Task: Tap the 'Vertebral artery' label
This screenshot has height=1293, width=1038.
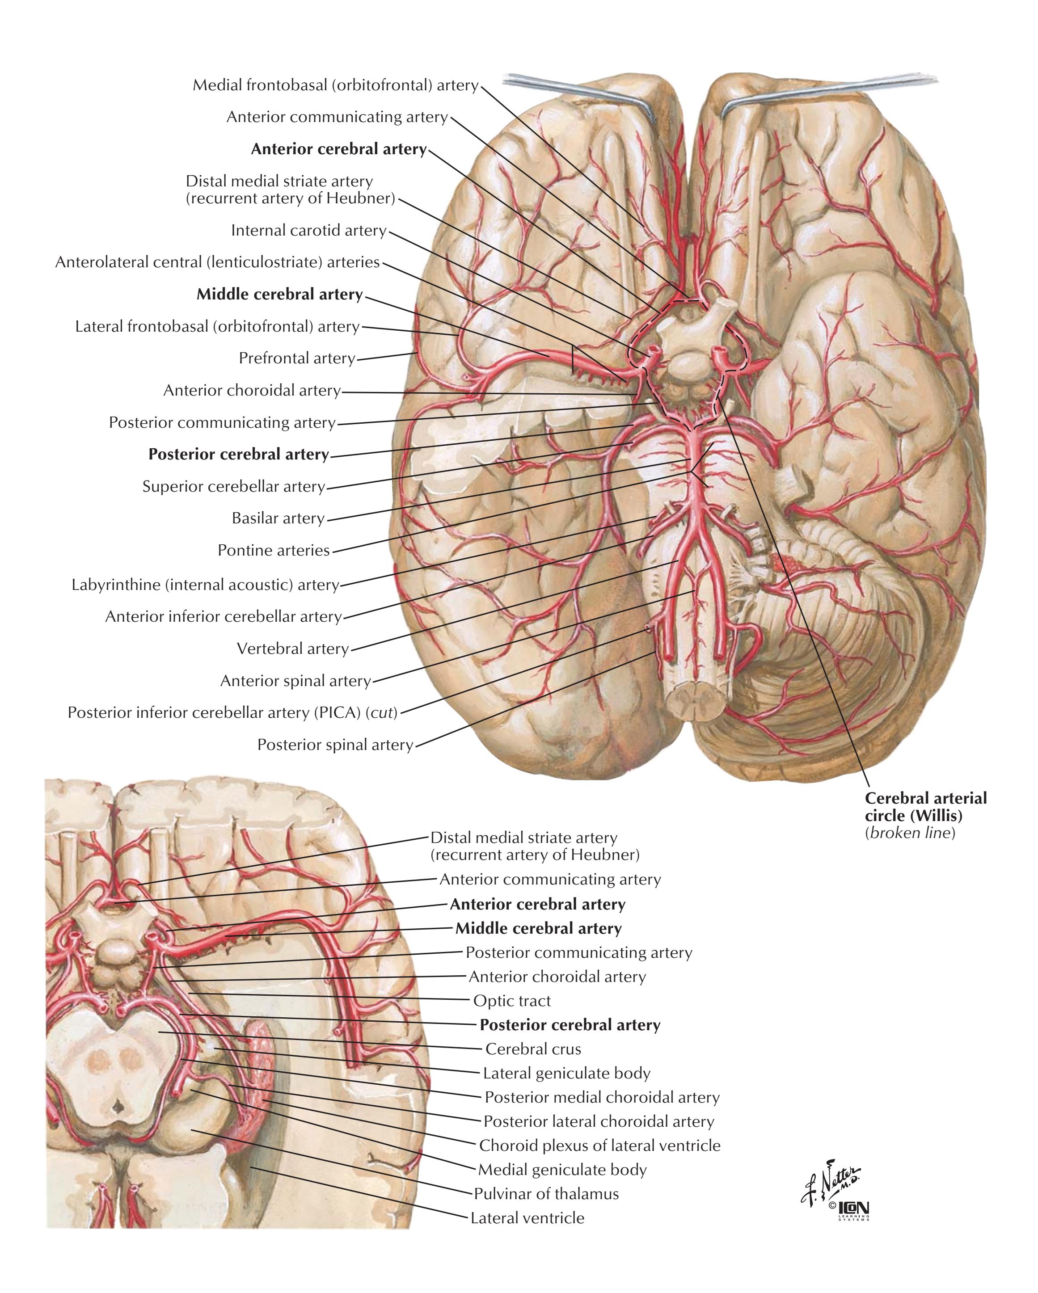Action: (293, 649)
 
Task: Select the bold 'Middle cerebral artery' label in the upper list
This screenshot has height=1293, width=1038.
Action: (279, 295)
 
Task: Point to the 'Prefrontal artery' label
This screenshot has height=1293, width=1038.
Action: (297, 358)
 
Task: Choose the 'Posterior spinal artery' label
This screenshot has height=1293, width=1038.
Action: (335, 745)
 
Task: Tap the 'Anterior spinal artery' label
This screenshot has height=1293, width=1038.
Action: (296, 681)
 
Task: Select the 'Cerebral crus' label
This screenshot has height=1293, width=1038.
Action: (533, 1049)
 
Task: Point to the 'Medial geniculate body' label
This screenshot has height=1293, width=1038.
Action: (562, 1170)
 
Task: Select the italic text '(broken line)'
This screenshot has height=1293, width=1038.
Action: (910, 833)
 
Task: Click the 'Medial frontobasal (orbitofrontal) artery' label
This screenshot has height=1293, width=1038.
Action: (335, 85)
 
